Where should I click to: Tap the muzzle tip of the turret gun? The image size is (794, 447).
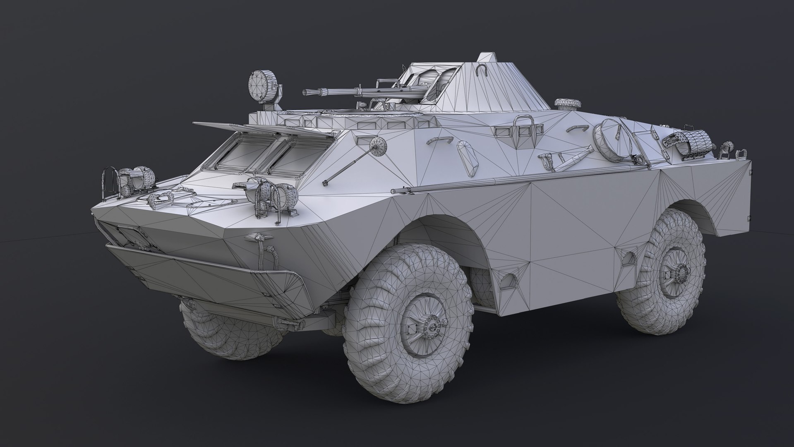click(305, 93)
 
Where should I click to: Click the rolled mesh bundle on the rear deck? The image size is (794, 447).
click(689, 141)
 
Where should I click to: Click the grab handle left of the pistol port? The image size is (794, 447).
click(437, 140)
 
